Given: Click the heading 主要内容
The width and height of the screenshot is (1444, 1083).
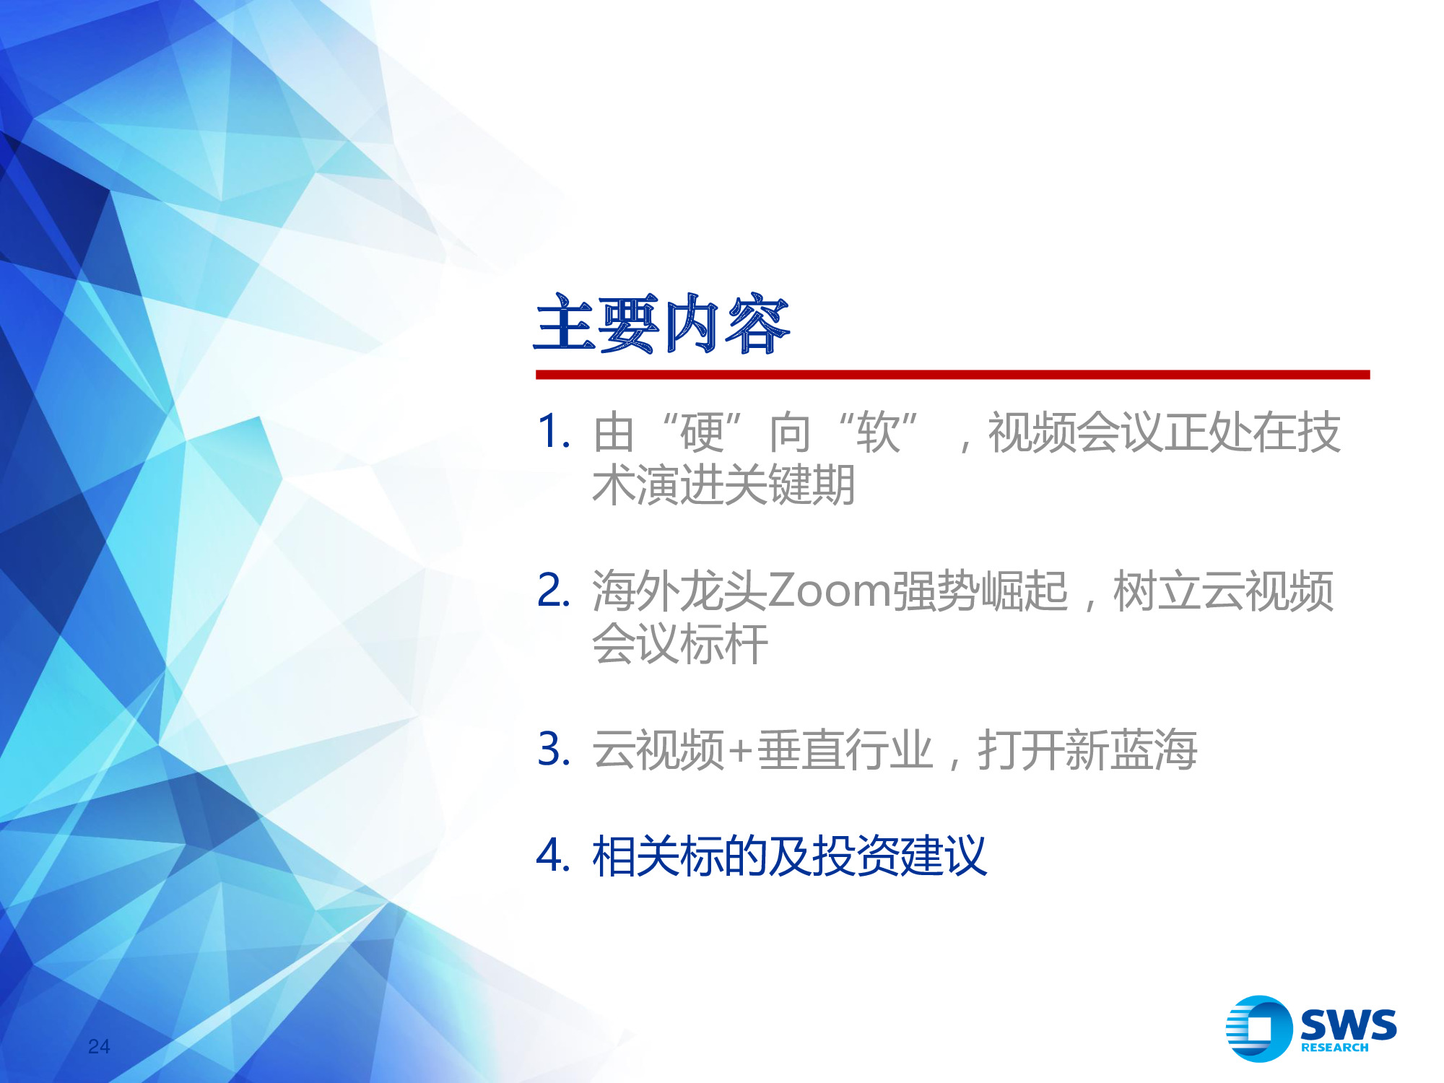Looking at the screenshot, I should pos(661,324).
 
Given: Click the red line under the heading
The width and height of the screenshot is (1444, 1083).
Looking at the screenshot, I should pos(952,375).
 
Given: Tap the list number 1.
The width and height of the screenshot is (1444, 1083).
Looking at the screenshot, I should pos(553,432).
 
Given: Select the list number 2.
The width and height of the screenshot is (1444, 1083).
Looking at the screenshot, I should pos(553,590).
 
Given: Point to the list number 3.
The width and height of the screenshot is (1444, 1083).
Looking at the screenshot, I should pos(553,749).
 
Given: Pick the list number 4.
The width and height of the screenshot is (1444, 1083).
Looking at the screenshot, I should pos(553,855).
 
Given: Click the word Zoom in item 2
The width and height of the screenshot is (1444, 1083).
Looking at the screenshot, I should pos(829,591).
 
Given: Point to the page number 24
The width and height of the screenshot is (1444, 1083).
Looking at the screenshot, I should pos(99,1046).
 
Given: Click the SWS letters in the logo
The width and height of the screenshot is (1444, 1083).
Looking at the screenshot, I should pos(1347,1024).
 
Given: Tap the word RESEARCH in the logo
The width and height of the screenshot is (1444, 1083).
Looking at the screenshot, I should pos(1334,1048).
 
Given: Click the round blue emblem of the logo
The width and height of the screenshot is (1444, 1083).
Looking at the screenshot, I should pos(1258,1029).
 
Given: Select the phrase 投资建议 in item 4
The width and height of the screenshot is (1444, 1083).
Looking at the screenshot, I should pos(899,856).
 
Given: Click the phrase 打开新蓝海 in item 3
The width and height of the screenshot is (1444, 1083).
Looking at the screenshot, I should pos(1087,750).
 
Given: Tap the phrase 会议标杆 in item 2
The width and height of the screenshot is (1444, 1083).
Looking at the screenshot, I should pos(679,644).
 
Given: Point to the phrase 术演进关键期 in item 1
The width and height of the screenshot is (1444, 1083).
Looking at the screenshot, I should pos(723,485).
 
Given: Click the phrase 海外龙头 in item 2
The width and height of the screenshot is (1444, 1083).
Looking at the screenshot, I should pos(679,591).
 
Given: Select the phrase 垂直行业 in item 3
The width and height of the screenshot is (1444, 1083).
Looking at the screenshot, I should pos(845,750).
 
